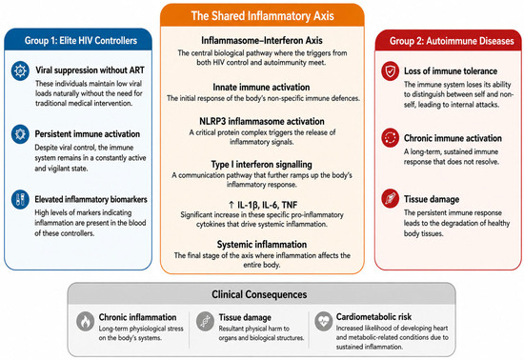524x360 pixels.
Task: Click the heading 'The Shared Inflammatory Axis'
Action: click(262, 15)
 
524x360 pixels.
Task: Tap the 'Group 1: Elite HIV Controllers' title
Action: click(81, 41)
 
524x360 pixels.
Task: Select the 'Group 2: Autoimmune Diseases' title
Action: click(452, 41)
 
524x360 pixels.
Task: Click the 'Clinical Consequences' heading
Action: click(259, 294)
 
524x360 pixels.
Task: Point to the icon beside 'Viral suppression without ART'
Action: click(20, 70)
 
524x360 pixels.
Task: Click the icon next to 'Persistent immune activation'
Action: click(20, 134)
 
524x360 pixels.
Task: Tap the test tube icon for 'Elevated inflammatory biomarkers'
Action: click(20, 199)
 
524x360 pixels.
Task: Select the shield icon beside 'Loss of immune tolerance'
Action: click(391, 71)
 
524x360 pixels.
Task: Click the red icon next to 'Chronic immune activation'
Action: click(391, 137)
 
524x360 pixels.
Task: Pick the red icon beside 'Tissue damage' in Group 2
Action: click(391, 199)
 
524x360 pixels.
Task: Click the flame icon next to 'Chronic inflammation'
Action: click(85, 322)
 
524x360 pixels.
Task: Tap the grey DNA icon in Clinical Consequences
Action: click(205, 322)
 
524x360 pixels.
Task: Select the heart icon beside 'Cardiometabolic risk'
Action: click(324, 322)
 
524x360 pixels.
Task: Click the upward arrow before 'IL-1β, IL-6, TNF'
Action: click(232, 205)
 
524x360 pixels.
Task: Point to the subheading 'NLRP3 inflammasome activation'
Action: click(262, 121)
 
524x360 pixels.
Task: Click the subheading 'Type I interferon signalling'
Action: click(262, 165)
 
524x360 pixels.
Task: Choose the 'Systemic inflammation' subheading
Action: click(262, 245)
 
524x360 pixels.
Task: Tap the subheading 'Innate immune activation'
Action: click(261, 88)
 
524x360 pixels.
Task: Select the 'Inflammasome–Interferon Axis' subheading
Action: click(262, 40)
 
